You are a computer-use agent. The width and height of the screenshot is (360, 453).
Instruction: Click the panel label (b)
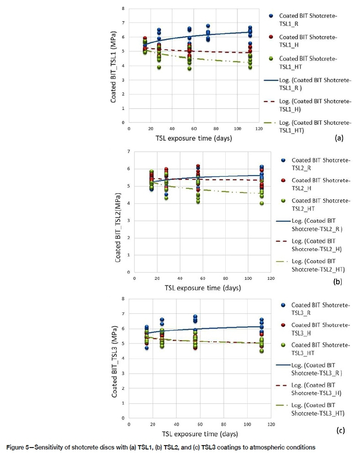coord(338,281)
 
